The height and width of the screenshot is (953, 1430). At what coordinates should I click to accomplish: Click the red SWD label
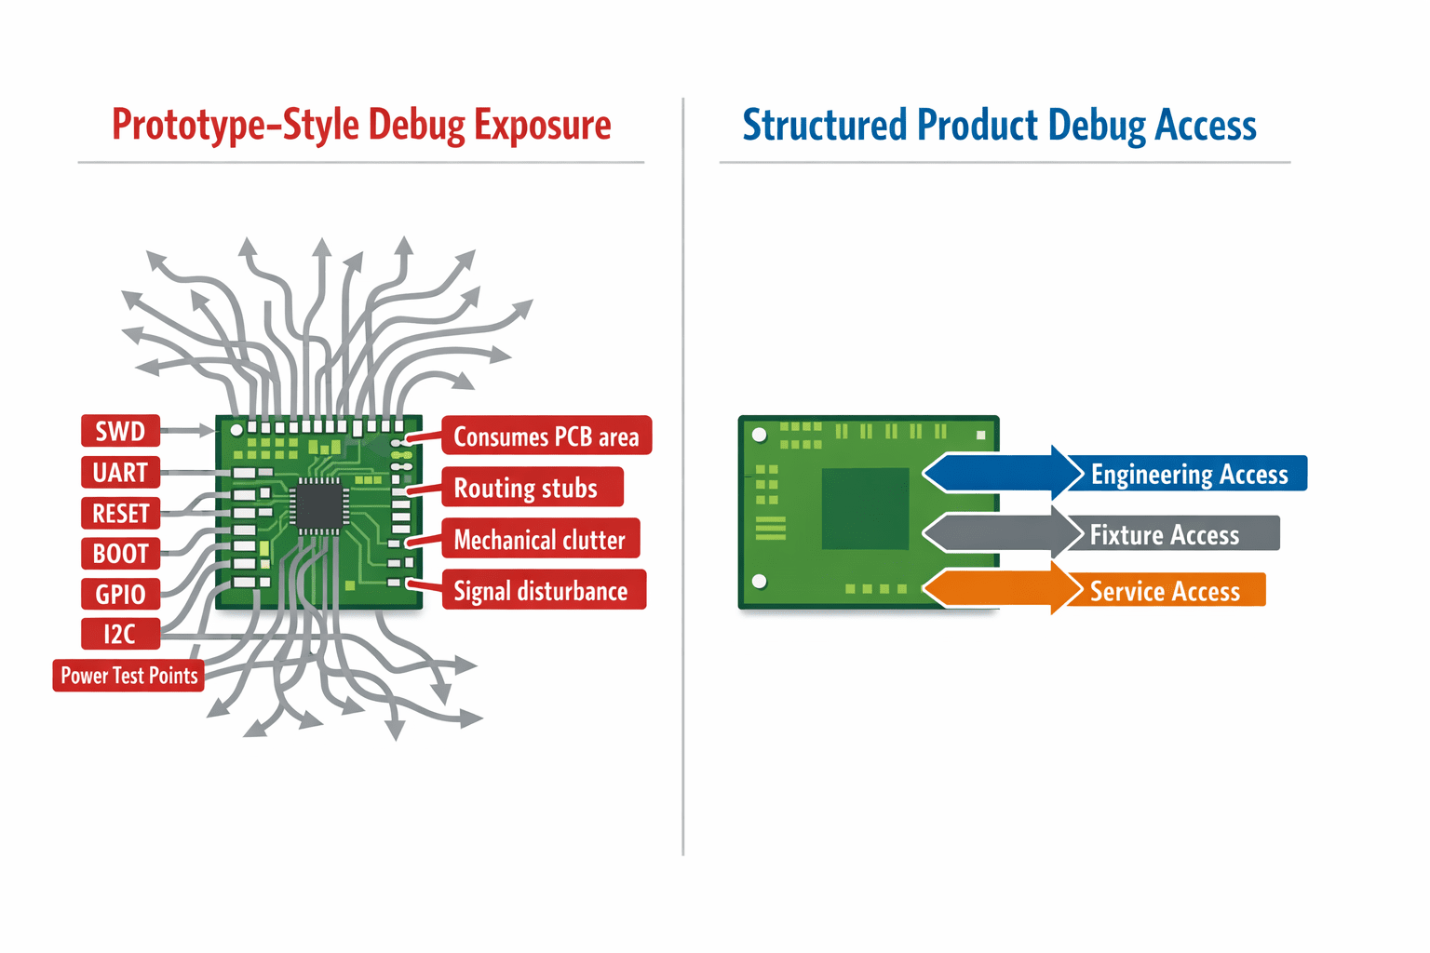coord(120,431)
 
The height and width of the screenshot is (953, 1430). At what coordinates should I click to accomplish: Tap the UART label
coord(120,473)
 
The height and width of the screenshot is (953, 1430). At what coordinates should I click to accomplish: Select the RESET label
coord(120,513)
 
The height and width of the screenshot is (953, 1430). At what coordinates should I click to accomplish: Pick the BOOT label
coord(120,554)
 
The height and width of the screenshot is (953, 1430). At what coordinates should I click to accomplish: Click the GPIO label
coord(120,595)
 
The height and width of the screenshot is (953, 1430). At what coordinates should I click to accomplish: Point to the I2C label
coord(120,634)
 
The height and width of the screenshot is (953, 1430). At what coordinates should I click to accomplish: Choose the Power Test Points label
coord(128,676)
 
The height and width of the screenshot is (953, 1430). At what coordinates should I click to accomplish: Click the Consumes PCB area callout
coord(546,436)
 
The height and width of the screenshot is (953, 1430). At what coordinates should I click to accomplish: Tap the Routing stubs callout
coord(533,487)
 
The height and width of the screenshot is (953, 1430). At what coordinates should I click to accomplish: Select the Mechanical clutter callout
coord(541,539)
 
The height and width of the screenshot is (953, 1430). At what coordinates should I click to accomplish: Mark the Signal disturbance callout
coord(544,590)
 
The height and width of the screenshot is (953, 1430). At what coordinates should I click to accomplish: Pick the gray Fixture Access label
coord(1173,533)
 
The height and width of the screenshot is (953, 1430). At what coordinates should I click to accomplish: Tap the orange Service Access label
coord(1167,590)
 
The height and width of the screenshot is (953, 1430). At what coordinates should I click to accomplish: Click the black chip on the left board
coord(320,507)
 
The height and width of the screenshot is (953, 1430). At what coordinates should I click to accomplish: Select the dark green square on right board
coord(865,509)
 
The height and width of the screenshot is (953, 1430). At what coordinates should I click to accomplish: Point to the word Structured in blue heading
coord(824,125)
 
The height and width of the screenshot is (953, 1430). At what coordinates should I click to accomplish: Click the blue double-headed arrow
coord(1003,473)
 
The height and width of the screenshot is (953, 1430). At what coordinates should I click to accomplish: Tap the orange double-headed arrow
coord(1003,588)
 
